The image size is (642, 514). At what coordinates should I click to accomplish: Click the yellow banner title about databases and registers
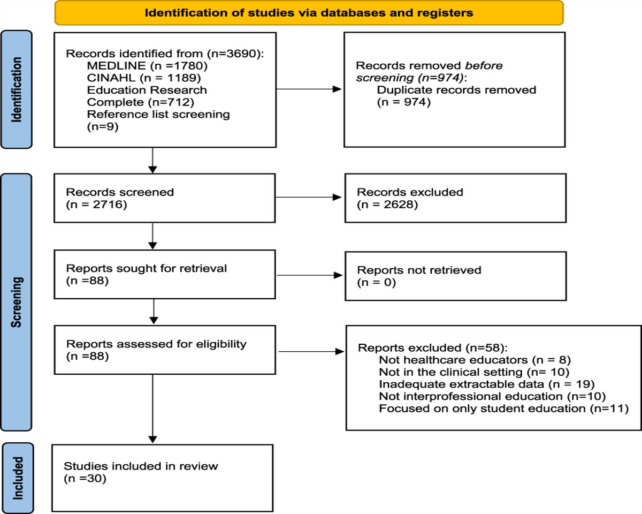point(309,13)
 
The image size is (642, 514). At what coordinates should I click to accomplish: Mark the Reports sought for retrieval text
point(146,268)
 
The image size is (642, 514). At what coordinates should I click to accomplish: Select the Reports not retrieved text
point(419,270)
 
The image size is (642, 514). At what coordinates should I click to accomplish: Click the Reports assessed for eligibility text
point(156,344)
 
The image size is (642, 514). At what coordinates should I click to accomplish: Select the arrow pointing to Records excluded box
point(310,197)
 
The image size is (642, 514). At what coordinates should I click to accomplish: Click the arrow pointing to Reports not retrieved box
point(310,275)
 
